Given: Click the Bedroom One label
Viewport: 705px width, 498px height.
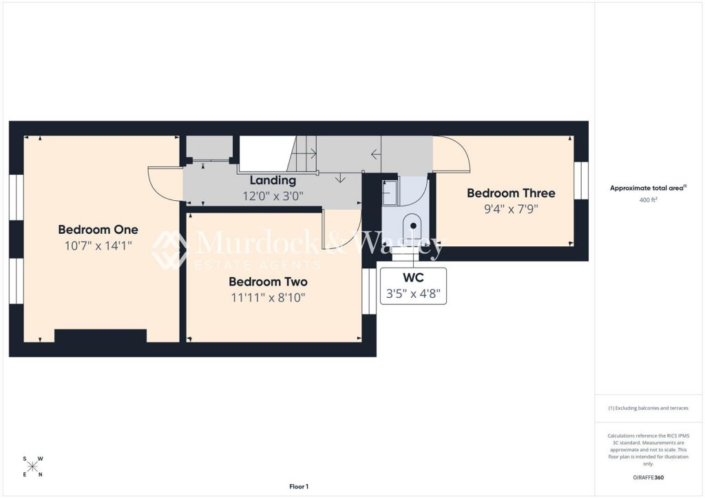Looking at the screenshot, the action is click(x=98, y=230).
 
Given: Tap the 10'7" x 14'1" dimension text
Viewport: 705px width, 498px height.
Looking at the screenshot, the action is click(x=98, y=246).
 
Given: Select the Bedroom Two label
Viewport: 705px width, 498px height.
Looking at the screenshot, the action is click(x=268, y=281).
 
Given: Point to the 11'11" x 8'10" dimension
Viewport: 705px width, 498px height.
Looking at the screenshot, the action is click(x=268, y=298).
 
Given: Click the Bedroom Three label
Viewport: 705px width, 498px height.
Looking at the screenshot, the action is click(x=511, y=193).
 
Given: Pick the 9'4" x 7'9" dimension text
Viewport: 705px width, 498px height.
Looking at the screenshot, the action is click(x=511, y=209).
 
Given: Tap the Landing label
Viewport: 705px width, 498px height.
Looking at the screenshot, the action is click(x=273, y=180).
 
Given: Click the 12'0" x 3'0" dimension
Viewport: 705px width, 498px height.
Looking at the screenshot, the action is click(x=273, y=196).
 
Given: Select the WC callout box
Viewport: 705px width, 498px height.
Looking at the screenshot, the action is click(x=413, y=286).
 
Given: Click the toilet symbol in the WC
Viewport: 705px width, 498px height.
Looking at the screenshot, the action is click(x=413, y=228).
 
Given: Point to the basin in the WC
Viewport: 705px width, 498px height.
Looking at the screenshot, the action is click(x=390, y=193).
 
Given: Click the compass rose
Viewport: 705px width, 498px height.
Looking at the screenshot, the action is click(x=32, y=466).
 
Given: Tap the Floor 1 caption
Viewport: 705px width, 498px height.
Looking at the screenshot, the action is click(x=299, y=486).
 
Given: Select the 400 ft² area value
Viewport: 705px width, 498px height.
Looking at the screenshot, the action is click(x=648, y=200).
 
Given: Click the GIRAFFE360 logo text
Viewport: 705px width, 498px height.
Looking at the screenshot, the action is click(x=648, y=477).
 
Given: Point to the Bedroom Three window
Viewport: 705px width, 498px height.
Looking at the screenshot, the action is click(x=581, y=180).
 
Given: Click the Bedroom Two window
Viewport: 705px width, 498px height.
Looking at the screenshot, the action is click(x=369, y=291).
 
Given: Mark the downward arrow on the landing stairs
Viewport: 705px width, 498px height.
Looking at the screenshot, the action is click(x=340, y=178).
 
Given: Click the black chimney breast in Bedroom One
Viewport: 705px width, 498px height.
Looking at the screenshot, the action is click(x=101, y=336).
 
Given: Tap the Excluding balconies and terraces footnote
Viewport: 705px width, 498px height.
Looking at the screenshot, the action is click(x=648, y=408).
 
